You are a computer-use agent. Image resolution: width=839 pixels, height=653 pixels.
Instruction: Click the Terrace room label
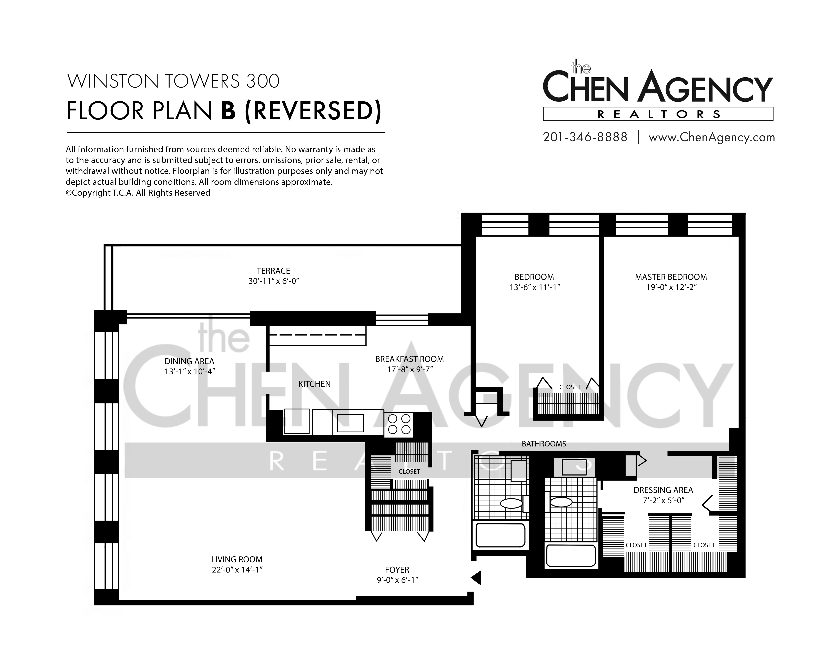click(x=274, y=271)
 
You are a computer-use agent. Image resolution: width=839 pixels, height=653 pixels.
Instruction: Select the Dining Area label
click(x=189, y=361)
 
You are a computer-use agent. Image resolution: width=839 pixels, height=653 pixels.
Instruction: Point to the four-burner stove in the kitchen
click(x=399, y=424)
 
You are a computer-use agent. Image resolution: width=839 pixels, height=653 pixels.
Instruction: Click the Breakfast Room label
click(x=410, y=359)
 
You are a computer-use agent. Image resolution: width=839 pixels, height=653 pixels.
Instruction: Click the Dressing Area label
click(x=663, y=490)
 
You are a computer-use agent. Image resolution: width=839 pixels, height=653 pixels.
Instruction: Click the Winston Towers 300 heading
click(x=173, y=81)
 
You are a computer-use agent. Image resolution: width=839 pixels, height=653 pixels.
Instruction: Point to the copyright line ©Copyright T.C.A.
click(x=138, y=193)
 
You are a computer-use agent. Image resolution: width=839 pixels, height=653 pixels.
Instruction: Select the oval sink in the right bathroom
click(x=561, y=502)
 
